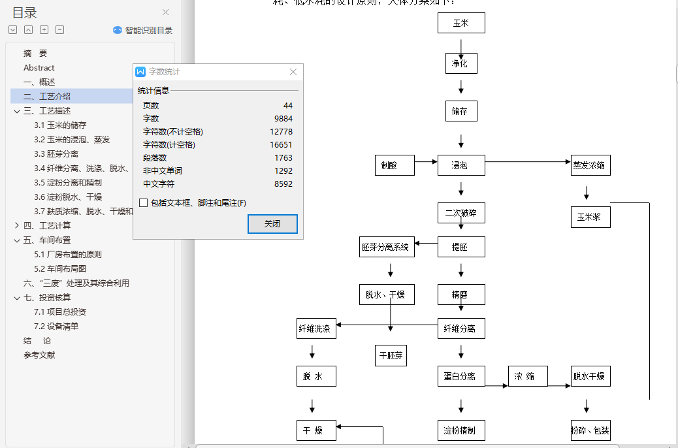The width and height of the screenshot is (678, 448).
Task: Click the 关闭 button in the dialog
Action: pos(272,223)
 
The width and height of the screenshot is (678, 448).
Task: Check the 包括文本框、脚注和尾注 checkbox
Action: pos(144,203)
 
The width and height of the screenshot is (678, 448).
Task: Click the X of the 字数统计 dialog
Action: pos(293,72)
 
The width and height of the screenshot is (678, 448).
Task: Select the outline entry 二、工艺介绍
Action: pos(55,97)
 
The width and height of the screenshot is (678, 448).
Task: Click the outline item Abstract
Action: pos(39,68)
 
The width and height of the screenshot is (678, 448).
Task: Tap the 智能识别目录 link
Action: pos(143,30)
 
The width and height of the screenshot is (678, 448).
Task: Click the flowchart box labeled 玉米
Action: pos(461,23)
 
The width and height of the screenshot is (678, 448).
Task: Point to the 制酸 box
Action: pos(395,166)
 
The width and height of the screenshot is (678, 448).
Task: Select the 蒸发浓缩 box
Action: pos(590,166)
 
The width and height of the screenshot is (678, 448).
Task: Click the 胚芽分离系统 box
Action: pos(387,247)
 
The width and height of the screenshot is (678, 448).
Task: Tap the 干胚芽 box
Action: pos(391,356)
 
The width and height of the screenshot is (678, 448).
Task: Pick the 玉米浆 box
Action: pos(590,217)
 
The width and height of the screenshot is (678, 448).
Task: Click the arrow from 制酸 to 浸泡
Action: pos(426,161)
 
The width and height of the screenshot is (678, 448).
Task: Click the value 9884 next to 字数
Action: pos(283,119)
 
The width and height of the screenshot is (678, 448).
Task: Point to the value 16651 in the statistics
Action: pos(281,145)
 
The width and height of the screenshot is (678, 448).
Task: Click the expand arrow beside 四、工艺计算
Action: pos(17,226)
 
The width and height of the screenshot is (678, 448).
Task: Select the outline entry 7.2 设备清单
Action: pos(65,327)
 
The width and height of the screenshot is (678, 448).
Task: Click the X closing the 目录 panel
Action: pos(166,12)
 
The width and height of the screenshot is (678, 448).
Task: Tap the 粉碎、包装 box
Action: pos(590,430)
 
